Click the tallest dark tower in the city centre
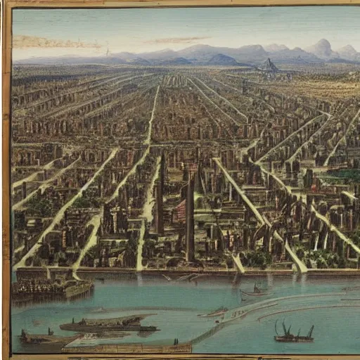click(190, 218)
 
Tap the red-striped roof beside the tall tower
click(179, 210)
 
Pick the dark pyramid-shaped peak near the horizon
click(269, 65)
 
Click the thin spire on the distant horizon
click(107, 51)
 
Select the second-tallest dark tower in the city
click(160, 197)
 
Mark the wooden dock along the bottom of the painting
click(127, 347)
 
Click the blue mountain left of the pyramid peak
click(224, 59)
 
